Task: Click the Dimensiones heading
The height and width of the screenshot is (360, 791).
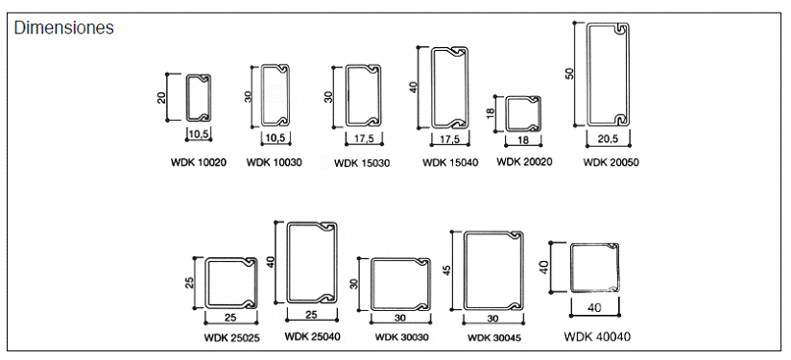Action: tap(64, 28)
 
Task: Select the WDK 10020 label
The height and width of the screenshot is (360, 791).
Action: tap(199, 163)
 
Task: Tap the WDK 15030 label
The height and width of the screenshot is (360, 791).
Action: tap(362, 163)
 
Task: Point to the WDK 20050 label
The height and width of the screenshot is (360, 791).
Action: tap(611, 162)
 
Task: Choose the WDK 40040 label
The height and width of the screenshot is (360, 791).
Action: tap(597, 336)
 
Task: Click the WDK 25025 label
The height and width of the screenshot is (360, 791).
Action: tap(232, 338)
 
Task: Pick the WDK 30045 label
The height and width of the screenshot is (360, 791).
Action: tap(494, 338)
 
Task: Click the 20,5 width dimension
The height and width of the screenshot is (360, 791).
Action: tap(608, 139)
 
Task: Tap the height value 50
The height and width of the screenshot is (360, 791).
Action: tap(569, 73)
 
